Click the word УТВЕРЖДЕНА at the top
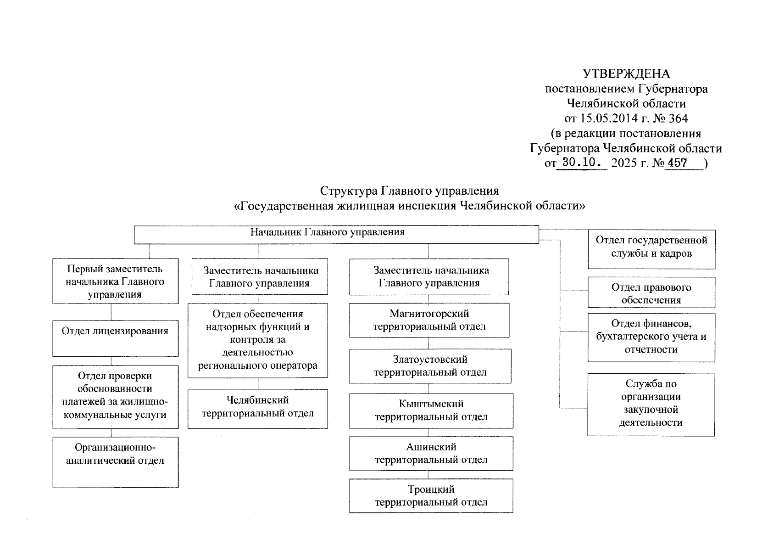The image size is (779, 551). click(626, 74)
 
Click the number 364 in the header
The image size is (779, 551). click(678, 118)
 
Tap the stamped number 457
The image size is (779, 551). click(678, 163)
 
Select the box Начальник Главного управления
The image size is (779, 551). click(336, 234)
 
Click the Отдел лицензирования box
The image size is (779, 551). click(115, 338)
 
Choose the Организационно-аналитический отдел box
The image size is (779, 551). click(115, 461)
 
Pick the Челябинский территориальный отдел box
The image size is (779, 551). click(257, 409)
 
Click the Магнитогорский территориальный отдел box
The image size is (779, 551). click(429, 320)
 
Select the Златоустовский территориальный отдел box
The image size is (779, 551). click(430, 366)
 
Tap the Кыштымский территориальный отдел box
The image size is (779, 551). click(431, 410)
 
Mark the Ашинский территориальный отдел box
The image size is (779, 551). click(431, 453)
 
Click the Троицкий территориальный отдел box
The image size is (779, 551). click(431, 495)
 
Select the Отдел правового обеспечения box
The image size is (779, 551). click(651, 292)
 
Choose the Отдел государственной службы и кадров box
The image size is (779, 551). click(651, 249)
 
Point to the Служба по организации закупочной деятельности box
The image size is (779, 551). click(651, 404)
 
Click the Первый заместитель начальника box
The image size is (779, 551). click(115, 281)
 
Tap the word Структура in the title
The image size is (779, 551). click(348, 191)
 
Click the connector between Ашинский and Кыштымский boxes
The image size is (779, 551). click(428, 433)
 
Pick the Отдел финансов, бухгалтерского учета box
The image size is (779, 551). click(651, 337)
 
